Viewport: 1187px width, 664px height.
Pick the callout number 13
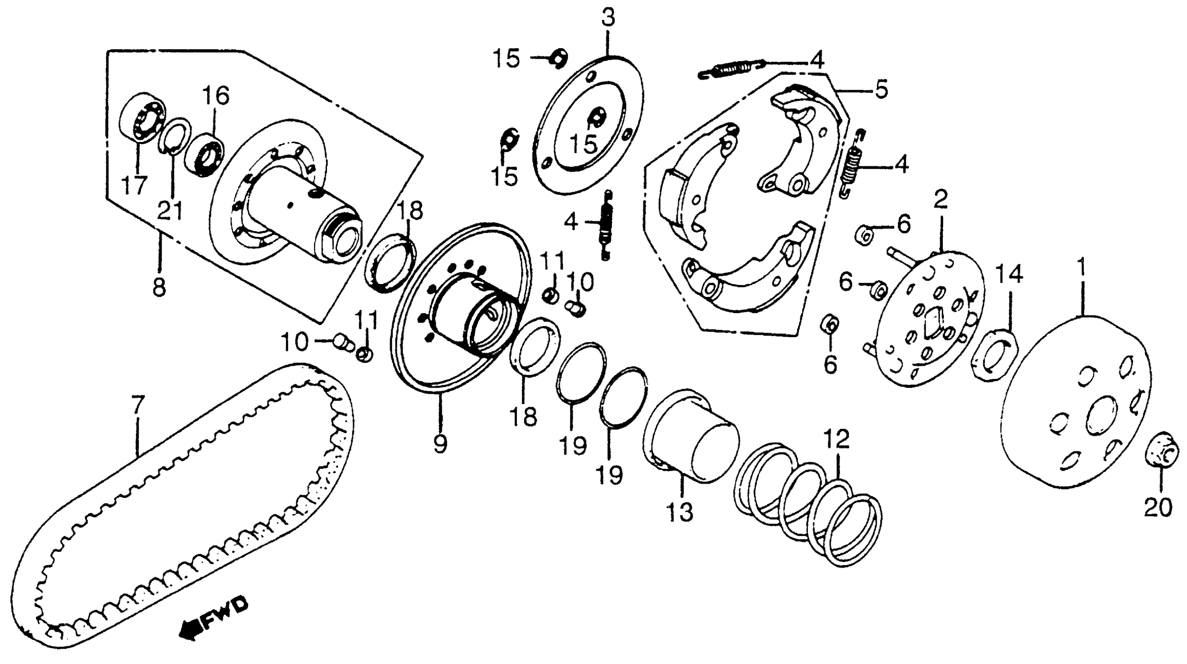(x=680, y=512)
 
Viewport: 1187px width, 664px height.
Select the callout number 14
(x=1009, y=274)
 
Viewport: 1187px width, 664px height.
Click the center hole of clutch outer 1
(x=1101, y=417)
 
